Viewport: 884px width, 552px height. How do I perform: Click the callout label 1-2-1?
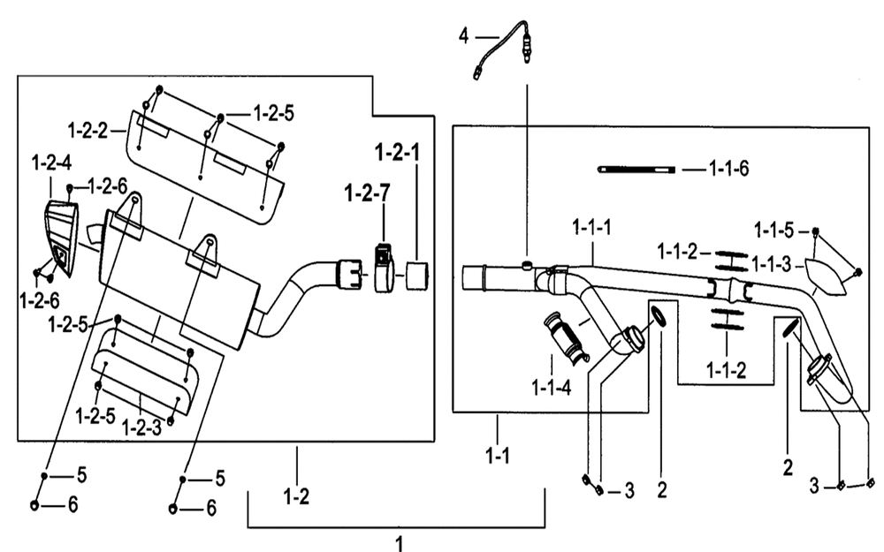398,152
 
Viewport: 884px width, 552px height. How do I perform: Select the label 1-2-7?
367,193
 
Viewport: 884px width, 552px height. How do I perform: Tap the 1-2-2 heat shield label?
88,131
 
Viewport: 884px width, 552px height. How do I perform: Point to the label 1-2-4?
51,163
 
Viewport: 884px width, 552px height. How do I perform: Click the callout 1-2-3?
141,428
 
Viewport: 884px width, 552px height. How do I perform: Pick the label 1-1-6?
729,169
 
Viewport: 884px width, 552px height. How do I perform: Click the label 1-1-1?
592,228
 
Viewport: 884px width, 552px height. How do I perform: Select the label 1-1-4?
552,388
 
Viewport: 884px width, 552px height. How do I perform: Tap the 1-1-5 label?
774,231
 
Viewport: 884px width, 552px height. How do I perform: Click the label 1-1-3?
772,264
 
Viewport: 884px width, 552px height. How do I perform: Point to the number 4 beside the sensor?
463,36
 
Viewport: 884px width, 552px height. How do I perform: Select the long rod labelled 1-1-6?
636,169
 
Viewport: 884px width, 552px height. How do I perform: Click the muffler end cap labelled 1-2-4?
62,237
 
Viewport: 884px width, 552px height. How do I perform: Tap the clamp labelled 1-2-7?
384,268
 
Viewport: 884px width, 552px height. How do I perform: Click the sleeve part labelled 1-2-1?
416,276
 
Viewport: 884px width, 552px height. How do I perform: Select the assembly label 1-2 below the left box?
296,496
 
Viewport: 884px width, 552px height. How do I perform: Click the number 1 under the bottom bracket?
400,543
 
